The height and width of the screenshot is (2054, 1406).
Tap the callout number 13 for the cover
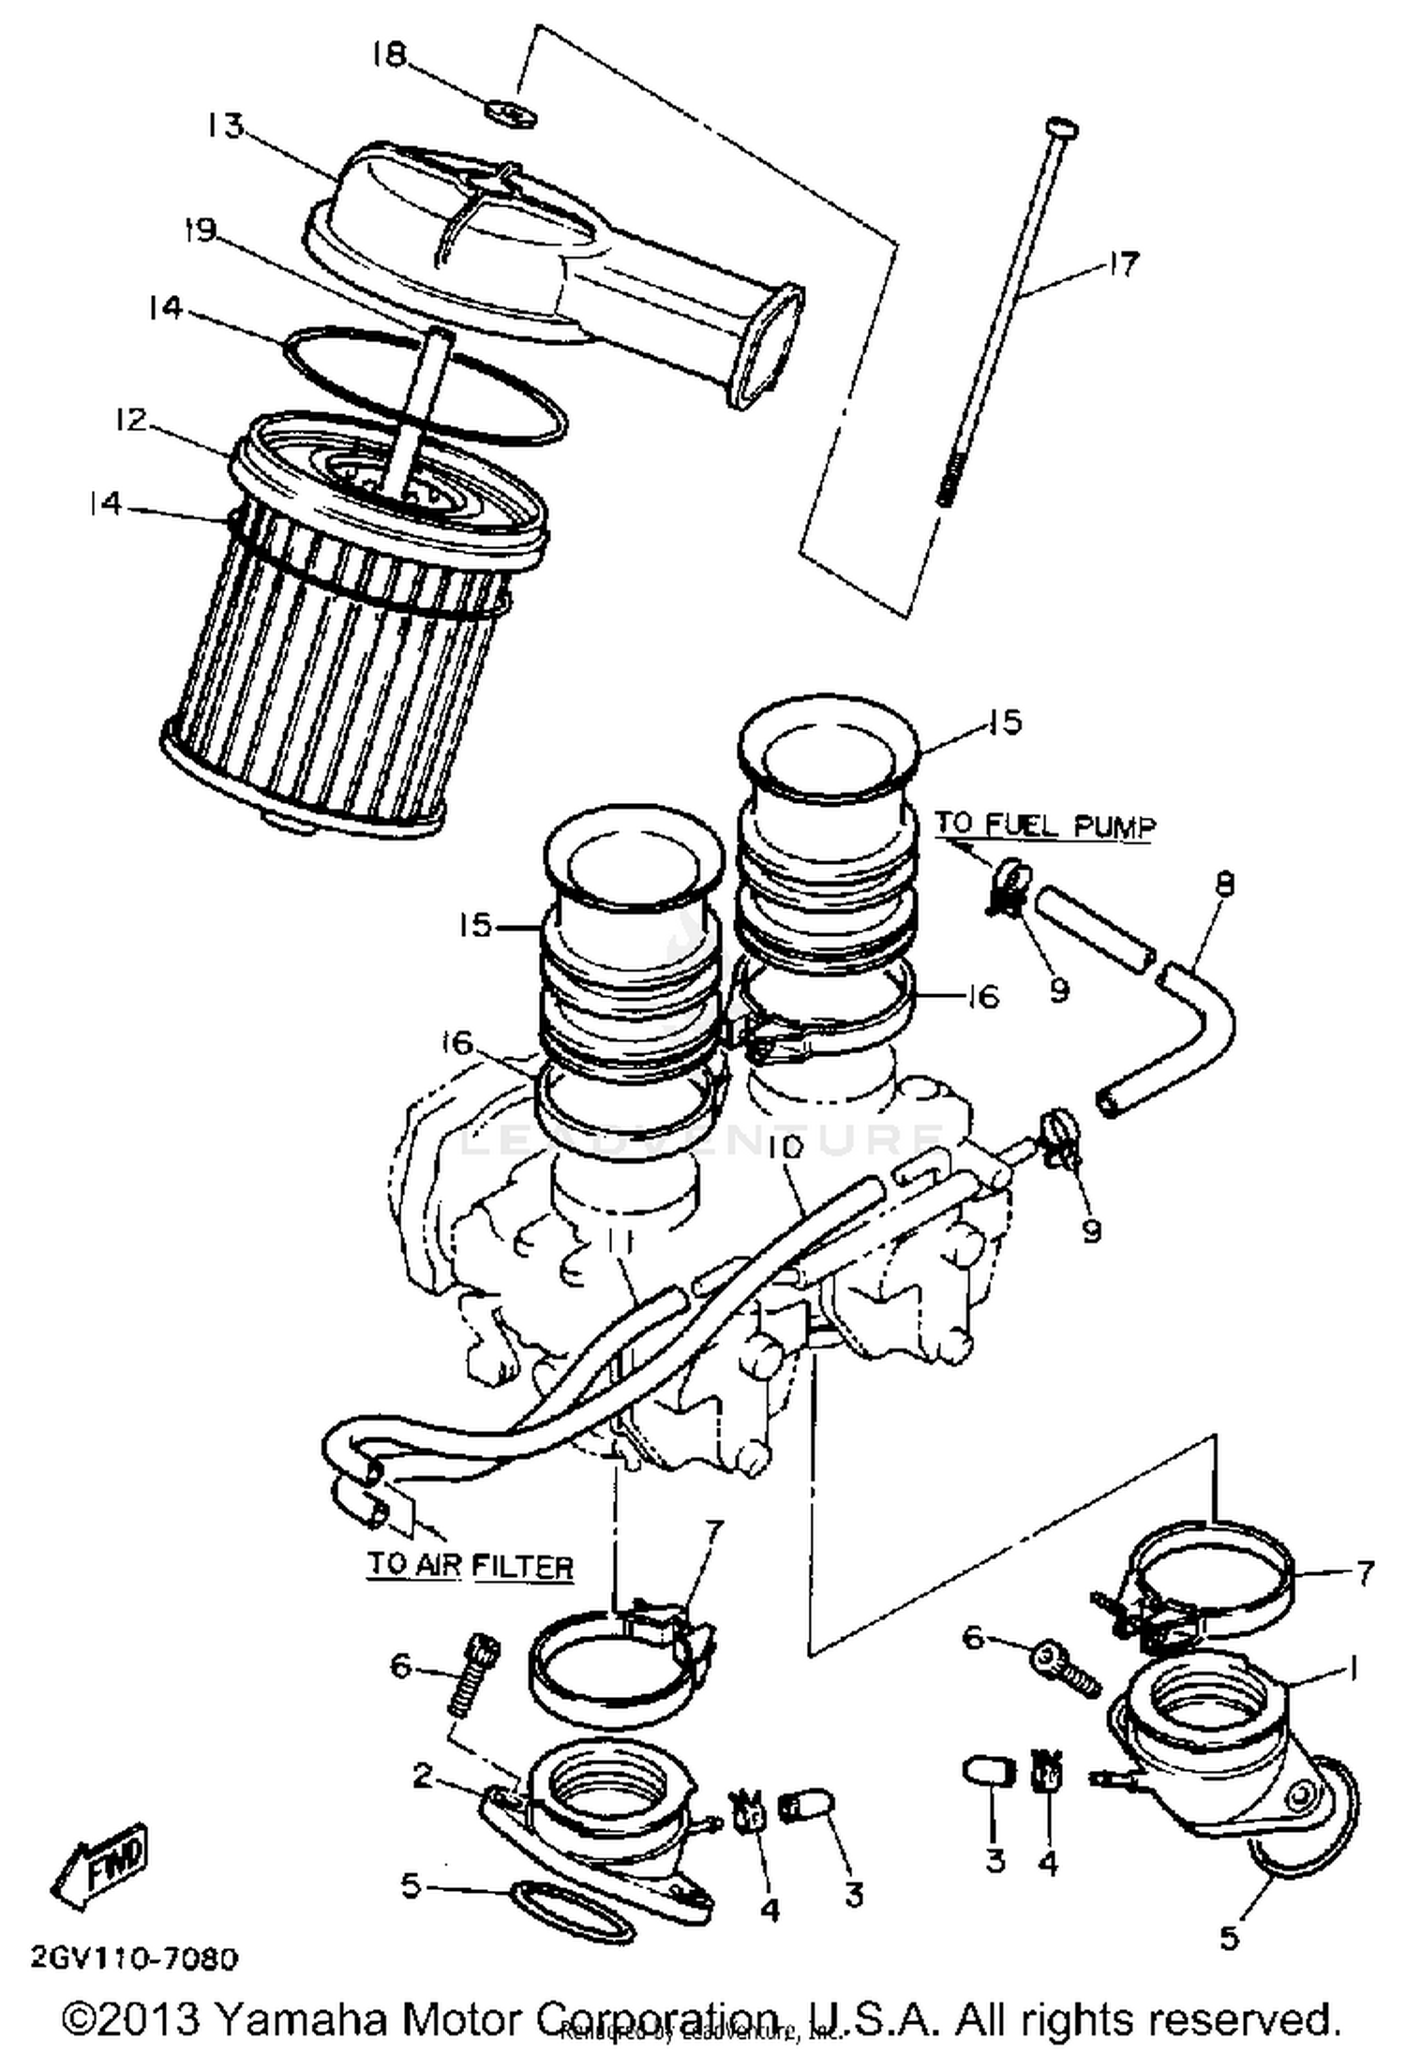point(225,125)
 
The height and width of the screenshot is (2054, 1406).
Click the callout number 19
point(200,230)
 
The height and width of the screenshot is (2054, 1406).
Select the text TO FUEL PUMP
point(1045,826)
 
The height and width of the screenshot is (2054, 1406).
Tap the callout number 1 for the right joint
point(1352,1665)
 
